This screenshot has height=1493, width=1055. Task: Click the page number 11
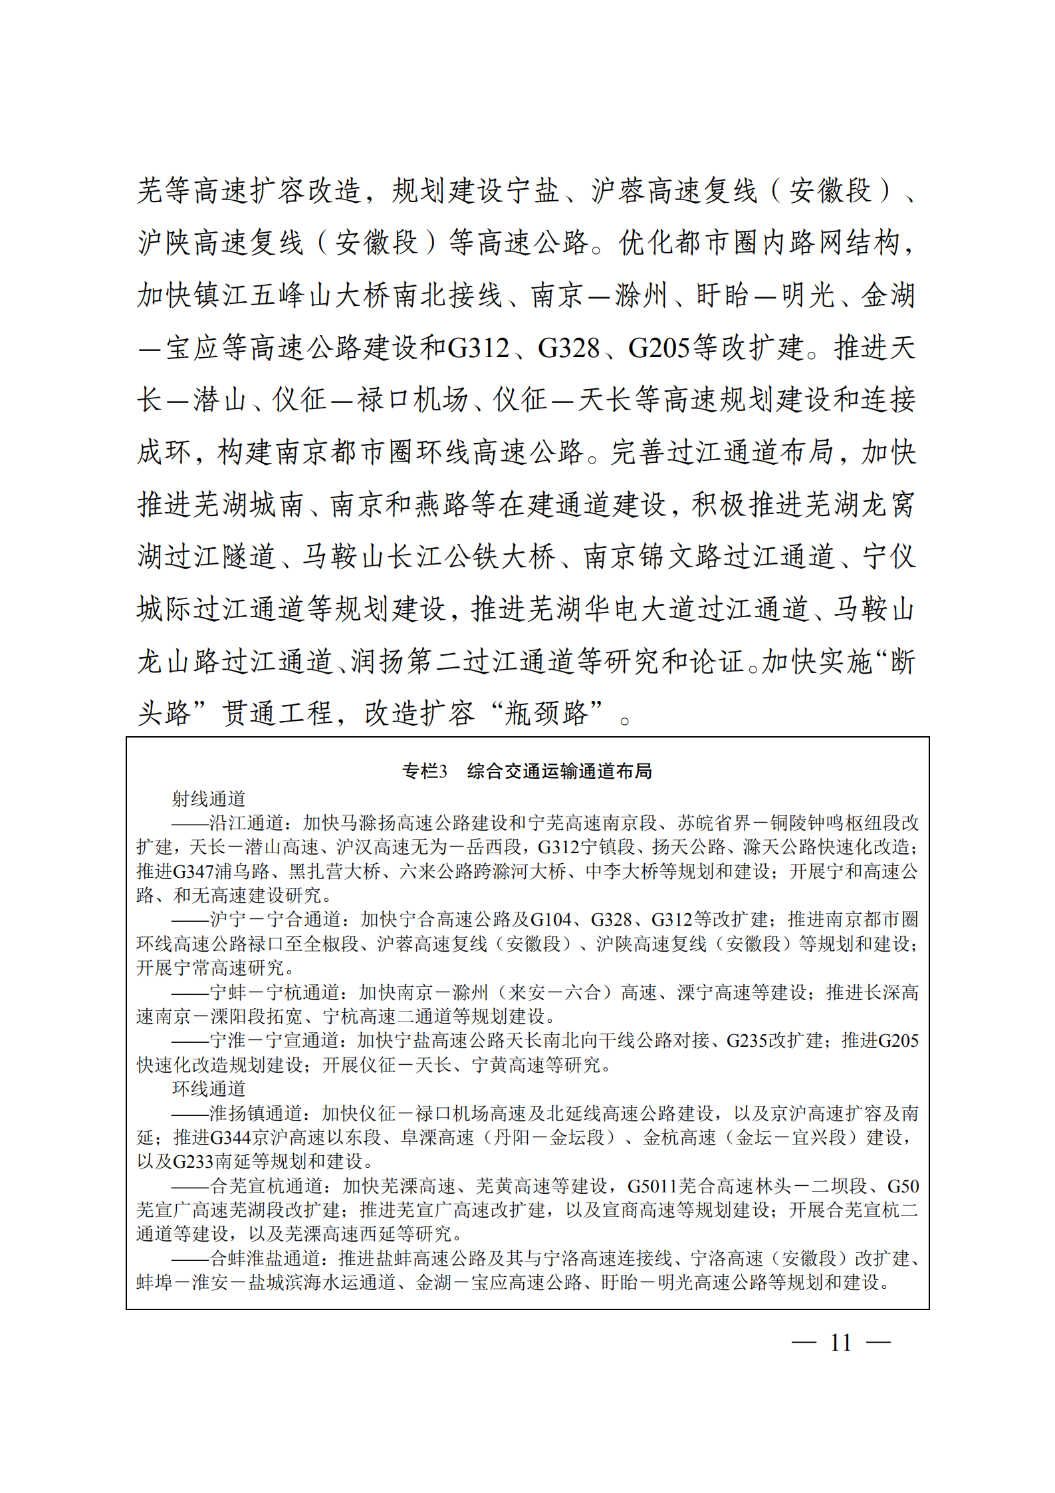pyautogui.click(x=840, y=1342)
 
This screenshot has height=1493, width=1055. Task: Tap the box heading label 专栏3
pyautogui.click(x=424, y=771)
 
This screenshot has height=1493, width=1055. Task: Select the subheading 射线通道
pyautogui.click(x=209, y=798)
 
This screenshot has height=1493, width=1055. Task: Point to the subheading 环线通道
pyautogui.click(x=209, y=1089)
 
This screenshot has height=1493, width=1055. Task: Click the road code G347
pyautogui.click(x=194, y=871)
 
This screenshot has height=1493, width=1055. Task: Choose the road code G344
pyautogui.click(x=230, y=1137)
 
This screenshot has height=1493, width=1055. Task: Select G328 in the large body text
pyautogui.click(x=568, y=348)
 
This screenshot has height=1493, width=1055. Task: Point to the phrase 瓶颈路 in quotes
pyautogui.click(x=546, y=714)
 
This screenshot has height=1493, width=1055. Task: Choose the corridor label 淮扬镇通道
pyautogui.click(x=256, y=1113)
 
